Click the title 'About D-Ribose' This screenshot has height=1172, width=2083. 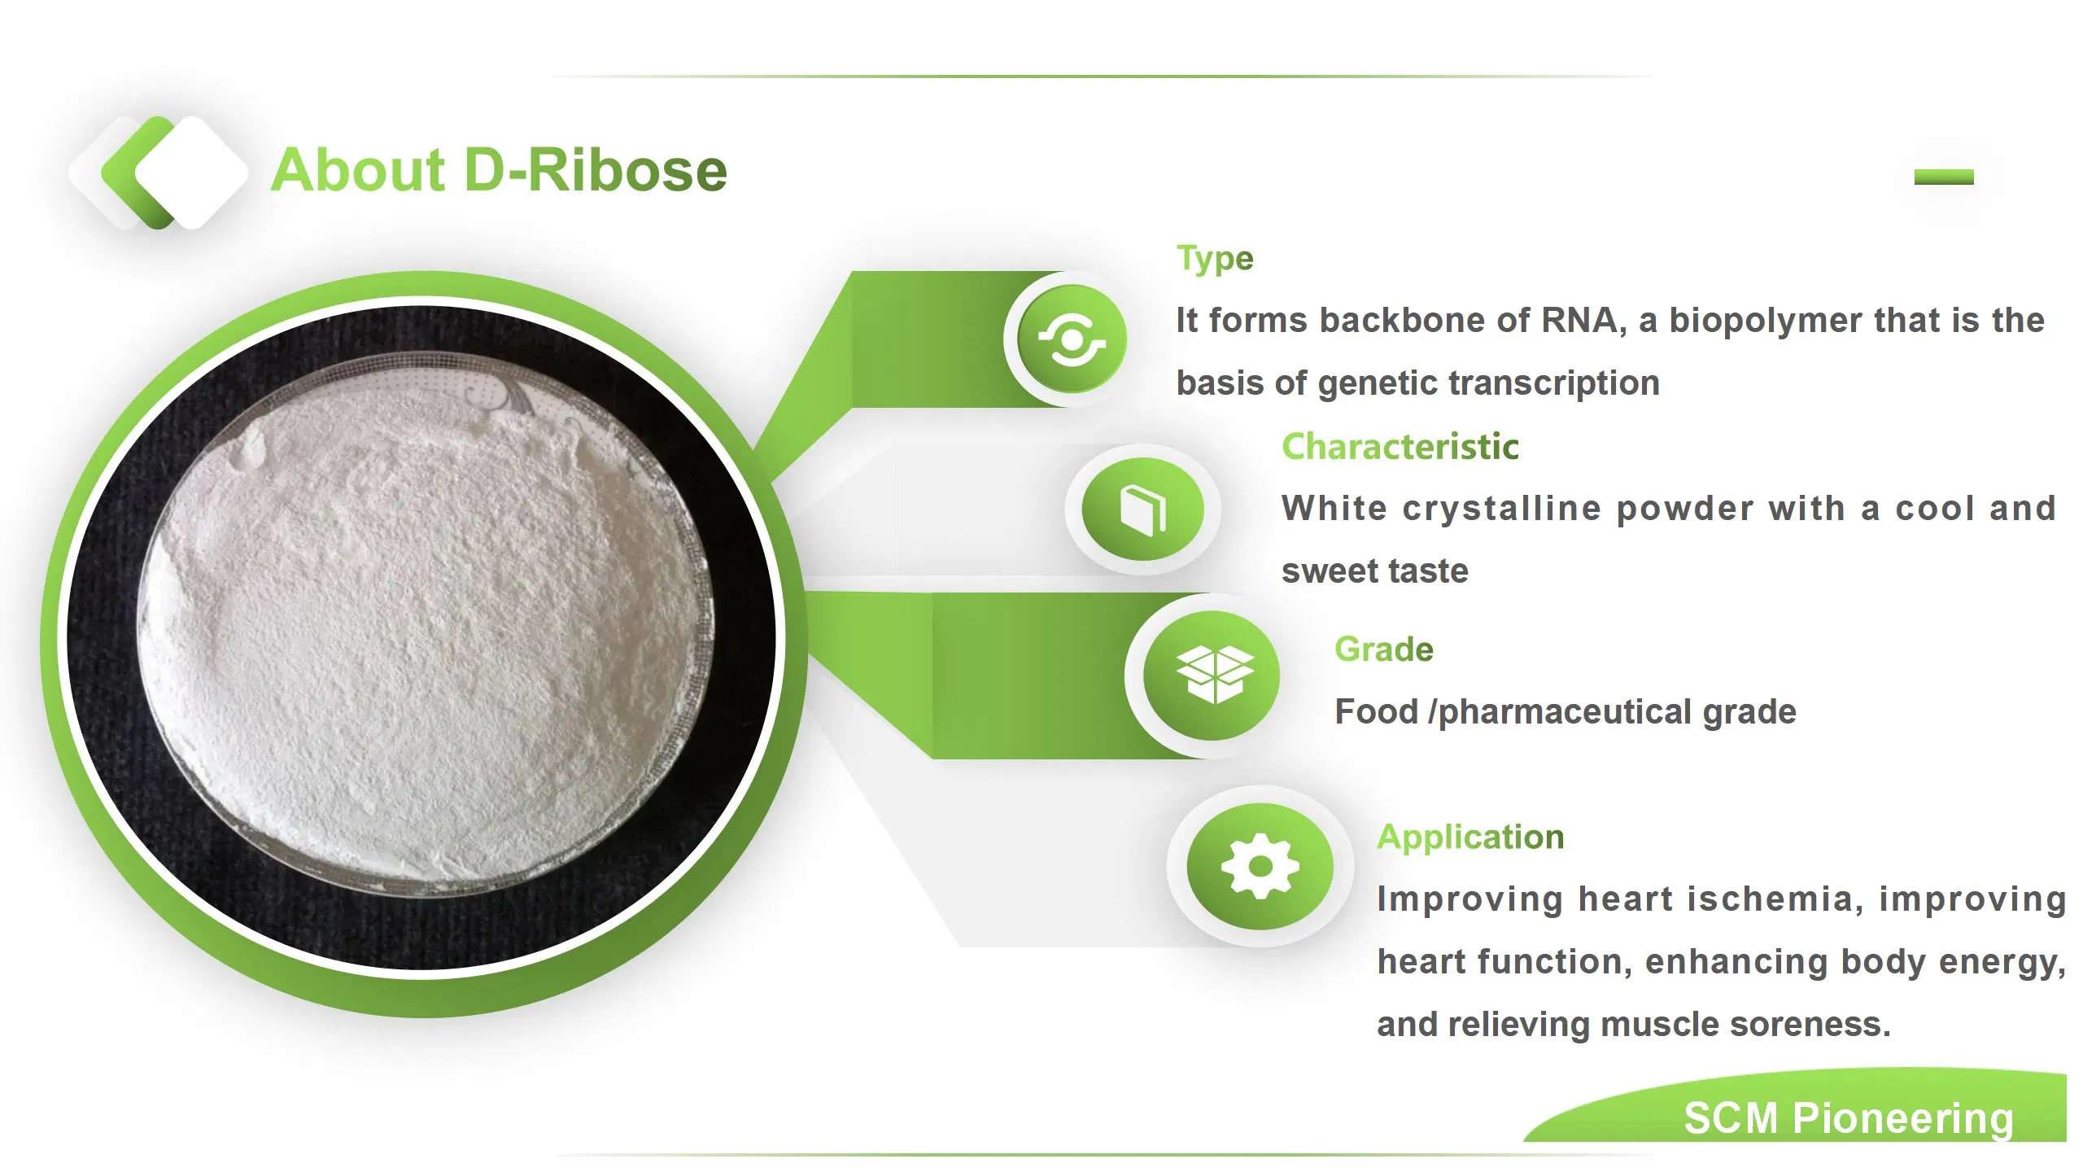[x=499, y=171]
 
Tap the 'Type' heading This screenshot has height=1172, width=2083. [x=1215, y=259]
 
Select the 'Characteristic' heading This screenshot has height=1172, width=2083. [x=1400, y=447]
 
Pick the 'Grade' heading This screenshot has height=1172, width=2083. [x=1383, y=649]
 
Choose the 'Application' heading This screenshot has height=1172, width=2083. [x=1470, y=837]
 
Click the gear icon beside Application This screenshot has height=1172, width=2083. [x=1260, y=866]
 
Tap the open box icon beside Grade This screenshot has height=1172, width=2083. [x=1214, y=675]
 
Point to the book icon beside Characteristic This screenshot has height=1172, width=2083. [x=1142, y=509]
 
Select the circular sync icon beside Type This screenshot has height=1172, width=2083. [x=1072, y=339]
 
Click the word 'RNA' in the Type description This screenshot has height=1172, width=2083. [x=1579, y=321]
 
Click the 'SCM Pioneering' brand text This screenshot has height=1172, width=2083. [x=1848, y=1118]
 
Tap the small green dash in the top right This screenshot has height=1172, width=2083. [x=1943, y=177]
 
